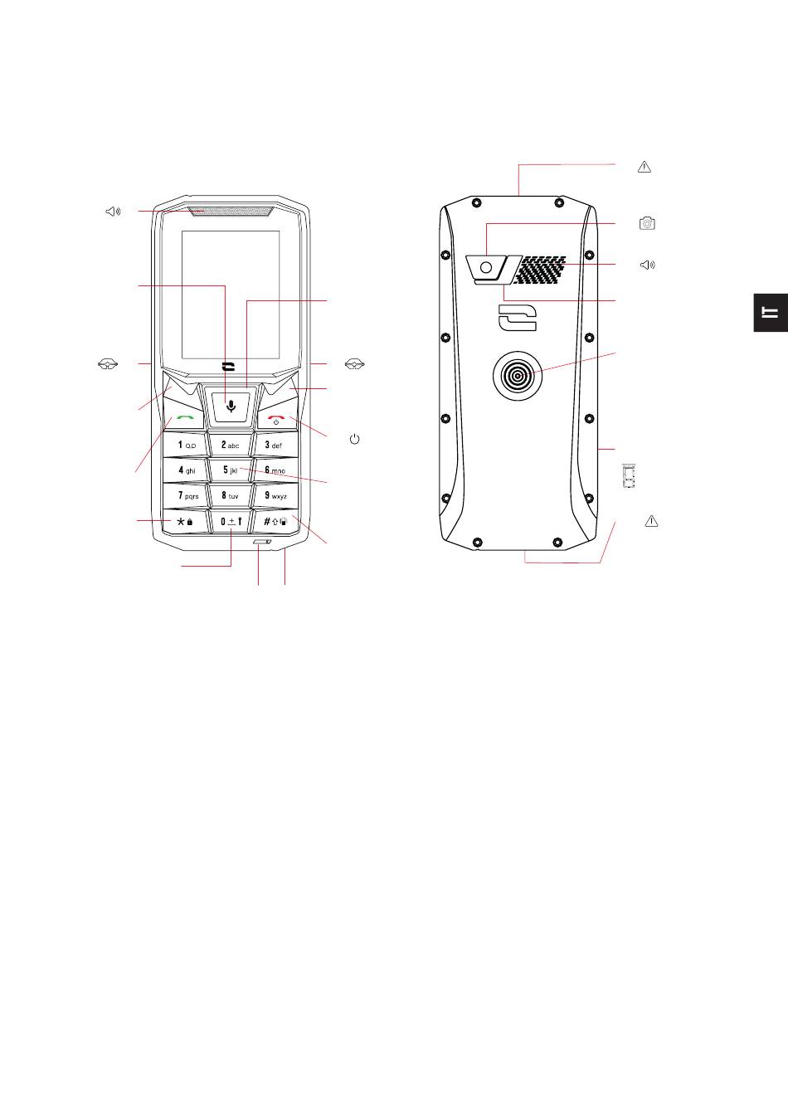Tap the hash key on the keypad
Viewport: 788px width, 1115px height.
click(275, 521)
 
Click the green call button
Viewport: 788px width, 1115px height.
click(185, 417)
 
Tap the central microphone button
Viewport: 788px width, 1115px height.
click(231, 407)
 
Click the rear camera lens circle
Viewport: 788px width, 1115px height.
click(488, 268)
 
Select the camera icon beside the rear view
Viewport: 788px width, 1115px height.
click(647, 223)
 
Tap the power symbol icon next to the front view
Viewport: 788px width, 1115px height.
click(354, 438)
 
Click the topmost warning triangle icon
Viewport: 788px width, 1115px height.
click(645, 167)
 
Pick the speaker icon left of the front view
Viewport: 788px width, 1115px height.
click(113, 212)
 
